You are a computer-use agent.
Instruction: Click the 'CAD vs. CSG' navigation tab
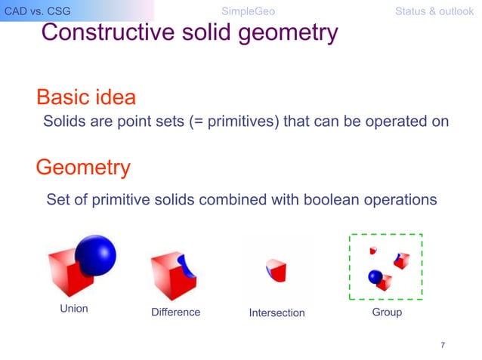click(x=37, y=11)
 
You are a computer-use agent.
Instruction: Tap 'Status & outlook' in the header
click(x=434, y=11)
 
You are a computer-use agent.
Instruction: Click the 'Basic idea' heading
click(x=86, y=97)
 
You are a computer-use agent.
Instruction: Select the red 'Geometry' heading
click(x=83, y=167)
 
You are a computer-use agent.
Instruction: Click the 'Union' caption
click(x=74, y=309)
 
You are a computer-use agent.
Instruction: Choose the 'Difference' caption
click(x=175, y=312)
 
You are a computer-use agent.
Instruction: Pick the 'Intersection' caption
click(x=277, y=312)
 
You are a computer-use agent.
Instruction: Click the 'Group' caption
click(x=387, y=312)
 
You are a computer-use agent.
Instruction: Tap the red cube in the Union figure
click(x=66, y=272)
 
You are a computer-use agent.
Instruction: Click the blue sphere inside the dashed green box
click(x=375, y=277)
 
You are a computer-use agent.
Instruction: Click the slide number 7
click(x=443, y=345)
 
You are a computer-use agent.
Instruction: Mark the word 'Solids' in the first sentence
click(x=63, y=122)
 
